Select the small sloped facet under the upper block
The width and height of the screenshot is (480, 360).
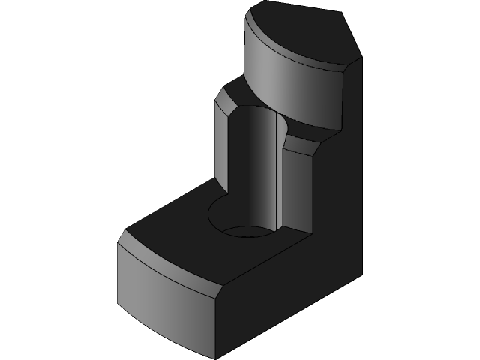pos(300,145)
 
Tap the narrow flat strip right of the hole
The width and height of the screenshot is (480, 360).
pos(296,187)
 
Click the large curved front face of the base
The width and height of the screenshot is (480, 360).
pos(165,300)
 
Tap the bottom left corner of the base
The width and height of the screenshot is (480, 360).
pos(118,306)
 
